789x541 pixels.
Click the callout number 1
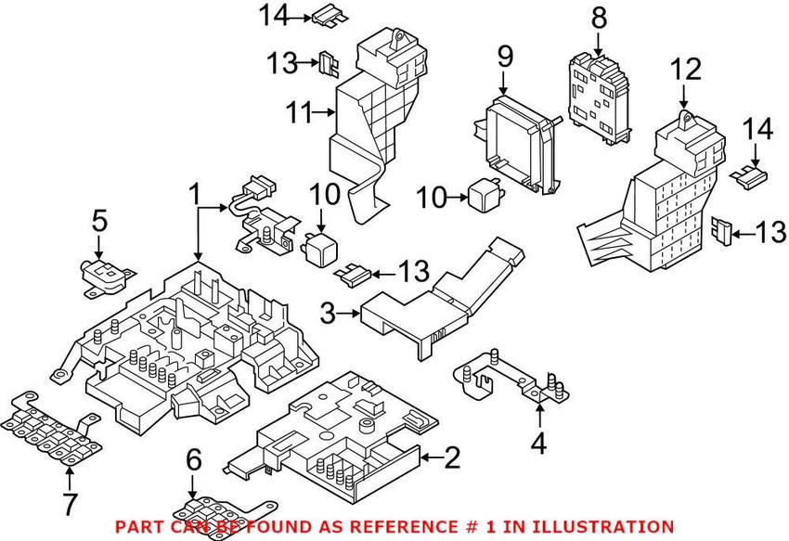195,196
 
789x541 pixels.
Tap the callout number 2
451,457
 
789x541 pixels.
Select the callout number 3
328,314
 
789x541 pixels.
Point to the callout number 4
539,444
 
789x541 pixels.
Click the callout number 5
99,222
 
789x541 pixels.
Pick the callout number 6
193,458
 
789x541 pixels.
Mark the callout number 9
504,58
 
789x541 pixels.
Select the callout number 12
683,69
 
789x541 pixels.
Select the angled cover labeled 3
436,297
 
